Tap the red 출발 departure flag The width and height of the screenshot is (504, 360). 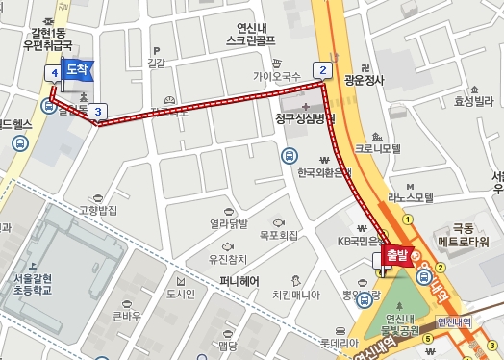[x=396, y=255]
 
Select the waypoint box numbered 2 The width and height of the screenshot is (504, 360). [x=322, y=69]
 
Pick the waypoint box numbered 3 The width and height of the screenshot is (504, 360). [x=98, y=112]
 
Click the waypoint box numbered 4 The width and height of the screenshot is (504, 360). [x=54, y=72]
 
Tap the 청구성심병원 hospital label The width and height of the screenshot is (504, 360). [x=304, y=119]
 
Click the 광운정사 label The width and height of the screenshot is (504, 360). [x=363, y=81]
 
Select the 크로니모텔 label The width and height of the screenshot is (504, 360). [x=376, y=149]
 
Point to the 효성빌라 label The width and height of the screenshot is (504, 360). [x=473, y=100]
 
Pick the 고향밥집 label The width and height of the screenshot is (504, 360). [x=97, y=210]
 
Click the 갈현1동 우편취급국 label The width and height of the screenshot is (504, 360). [x=48, y=38]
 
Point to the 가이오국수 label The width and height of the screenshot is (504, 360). [x=277, y=75]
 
